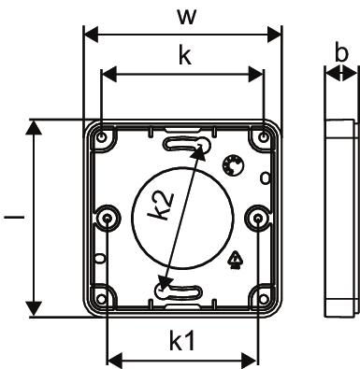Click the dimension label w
click(187, 17)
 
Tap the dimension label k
click(185, 55)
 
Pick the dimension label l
click(14, 216)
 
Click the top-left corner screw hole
click(102, 136)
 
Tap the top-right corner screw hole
click(264, 136)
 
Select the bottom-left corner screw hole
click(101, 299)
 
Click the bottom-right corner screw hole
click(264, 299)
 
